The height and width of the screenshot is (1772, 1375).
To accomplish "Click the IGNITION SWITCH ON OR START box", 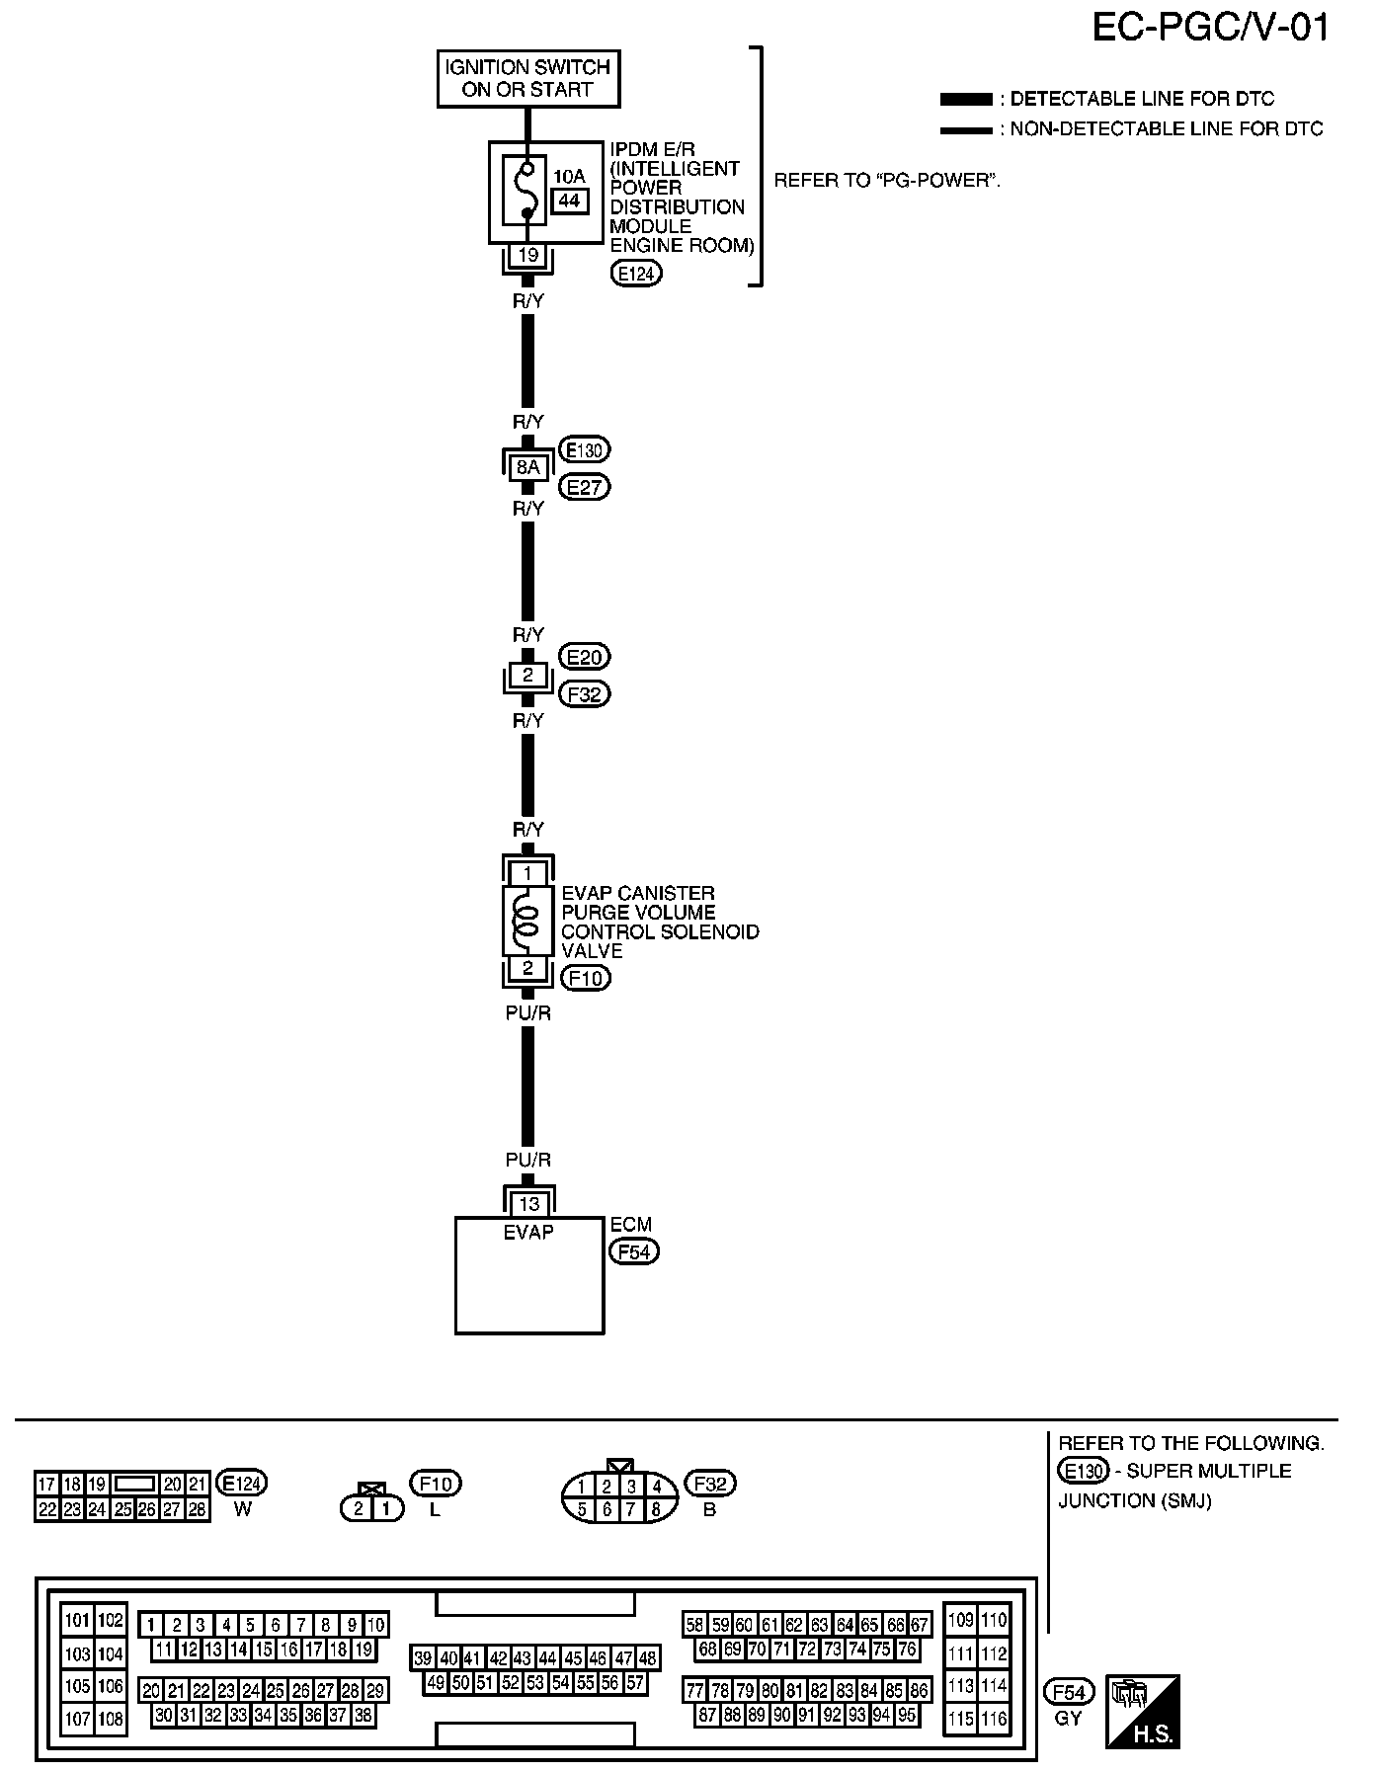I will click(x=528, y=79).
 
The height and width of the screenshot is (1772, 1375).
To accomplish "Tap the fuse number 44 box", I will click(x=568, y=201).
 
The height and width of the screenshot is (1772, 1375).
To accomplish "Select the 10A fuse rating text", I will click(x=568, y=177).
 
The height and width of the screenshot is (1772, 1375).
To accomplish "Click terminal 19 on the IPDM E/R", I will click(x=528, y=255).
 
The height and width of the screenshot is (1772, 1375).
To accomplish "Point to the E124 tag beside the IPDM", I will click(x=636, y=274).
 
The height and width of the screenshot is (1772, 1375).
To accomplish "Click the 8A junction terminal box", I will click(x=528, y=467).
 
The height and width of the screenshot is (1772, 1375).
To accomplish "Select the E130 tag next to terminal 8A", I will click(x=585, y=450).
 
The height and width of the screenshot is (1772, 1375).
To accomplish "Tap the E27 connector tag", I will click(x=585, y=487).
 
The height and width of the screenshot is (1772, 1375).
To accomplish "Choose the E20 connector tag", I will click(x=585, y=657).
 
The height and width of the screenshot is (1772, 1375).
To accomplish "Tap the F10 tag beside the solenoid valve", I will click(x=586, y=978).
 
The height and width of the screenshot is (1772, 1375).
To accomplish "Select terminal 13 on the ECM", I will click(x=529, y=1204).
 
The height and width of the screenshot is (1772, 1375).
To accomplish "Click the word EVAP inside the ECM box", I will click(x=528, y=1232).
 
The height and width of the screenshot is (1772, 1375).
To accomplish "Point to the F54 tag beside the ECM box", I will click(x=633, y=1251).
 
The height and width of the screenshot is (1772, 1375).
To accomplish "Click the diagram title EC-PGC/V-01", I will click(x=1210, y=28).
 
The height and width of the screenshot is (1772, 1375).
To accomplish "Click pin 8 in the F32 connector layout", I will click(x=655, y=1509).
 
